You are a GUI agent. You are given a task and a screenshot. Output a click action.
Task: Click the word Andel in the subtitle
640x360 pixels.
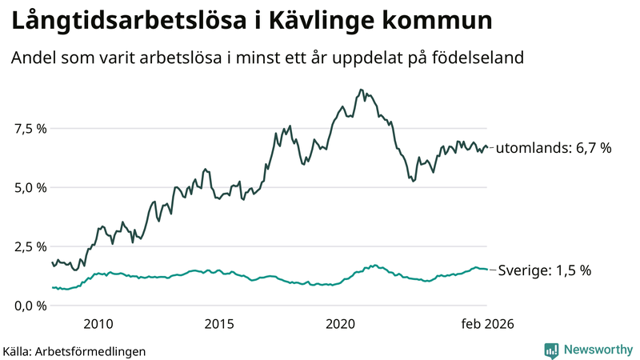[31, 58]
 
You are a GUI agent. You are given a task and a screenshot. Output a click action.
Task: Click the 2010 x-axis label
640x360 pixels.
[97, 324]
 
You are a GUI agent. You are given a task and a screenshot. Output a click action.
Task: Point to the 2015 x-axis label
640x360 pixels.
[218, 324]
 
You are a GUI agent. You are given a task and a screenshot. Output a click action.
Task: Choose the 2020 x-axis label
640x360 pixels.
[341, 324]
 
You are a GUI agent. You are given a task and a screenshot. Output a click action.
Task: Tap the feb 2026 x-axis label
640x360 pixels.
[485, 324]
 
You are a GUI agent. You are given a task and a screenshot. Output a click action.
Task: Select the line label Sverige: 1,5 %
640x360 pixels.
[545, 270]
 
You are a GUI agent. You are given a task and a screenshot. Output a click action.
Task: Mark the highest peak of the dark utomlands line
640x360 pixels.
[362, 90]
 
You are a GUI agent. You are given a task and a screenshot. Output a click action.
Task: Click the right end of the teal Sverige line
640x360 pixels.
[486, 270]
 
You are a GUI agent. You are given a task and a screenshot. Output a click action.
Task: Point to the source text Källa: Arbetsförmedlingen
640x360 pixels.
[74, 350]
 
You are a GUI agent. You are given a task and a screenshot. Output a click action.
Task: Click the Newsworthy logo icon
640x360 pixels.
[551, 350]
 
